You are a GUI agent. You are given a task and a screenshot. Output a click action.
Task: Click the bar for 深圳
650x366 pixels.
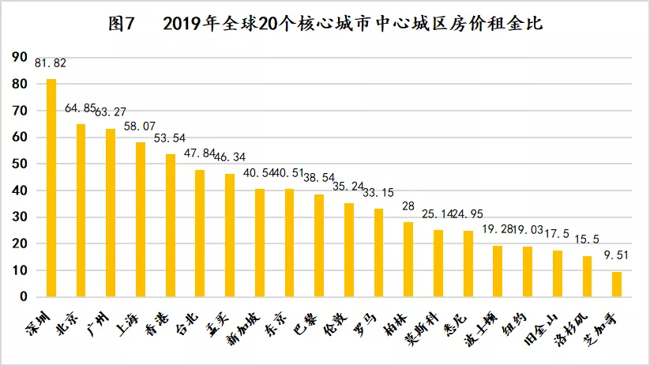coord(51,187)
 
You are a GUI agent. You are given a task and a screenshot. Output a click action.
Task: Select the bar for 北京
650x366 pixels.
coord(81,210)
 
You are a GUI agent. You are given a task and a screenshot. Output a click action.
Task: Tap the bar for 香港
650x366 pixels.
coord(171,225)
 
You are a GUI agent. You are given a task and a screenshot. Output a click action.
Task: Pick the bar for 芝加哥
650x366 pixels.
coord(617,284)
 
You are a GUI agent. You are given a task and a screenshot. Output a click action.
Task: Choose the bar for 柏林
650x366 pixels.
coord(408,259)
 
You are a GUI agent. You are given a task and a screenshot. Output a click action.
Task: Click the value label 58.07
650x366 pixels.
coord(141,126)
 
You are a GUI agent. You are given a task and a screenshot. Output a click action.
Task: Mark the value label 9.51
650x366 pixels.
coord(617,255)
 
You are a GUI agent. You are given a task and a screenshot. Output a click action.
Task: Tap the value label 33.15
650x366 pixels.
coord(379,192)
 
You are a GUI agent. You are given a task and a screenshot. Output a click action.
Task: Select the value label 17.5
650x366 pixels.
coord(558,234)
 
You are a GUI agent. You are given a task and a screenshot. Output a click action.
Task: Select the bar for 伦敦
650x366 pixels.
coord(349,250)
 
